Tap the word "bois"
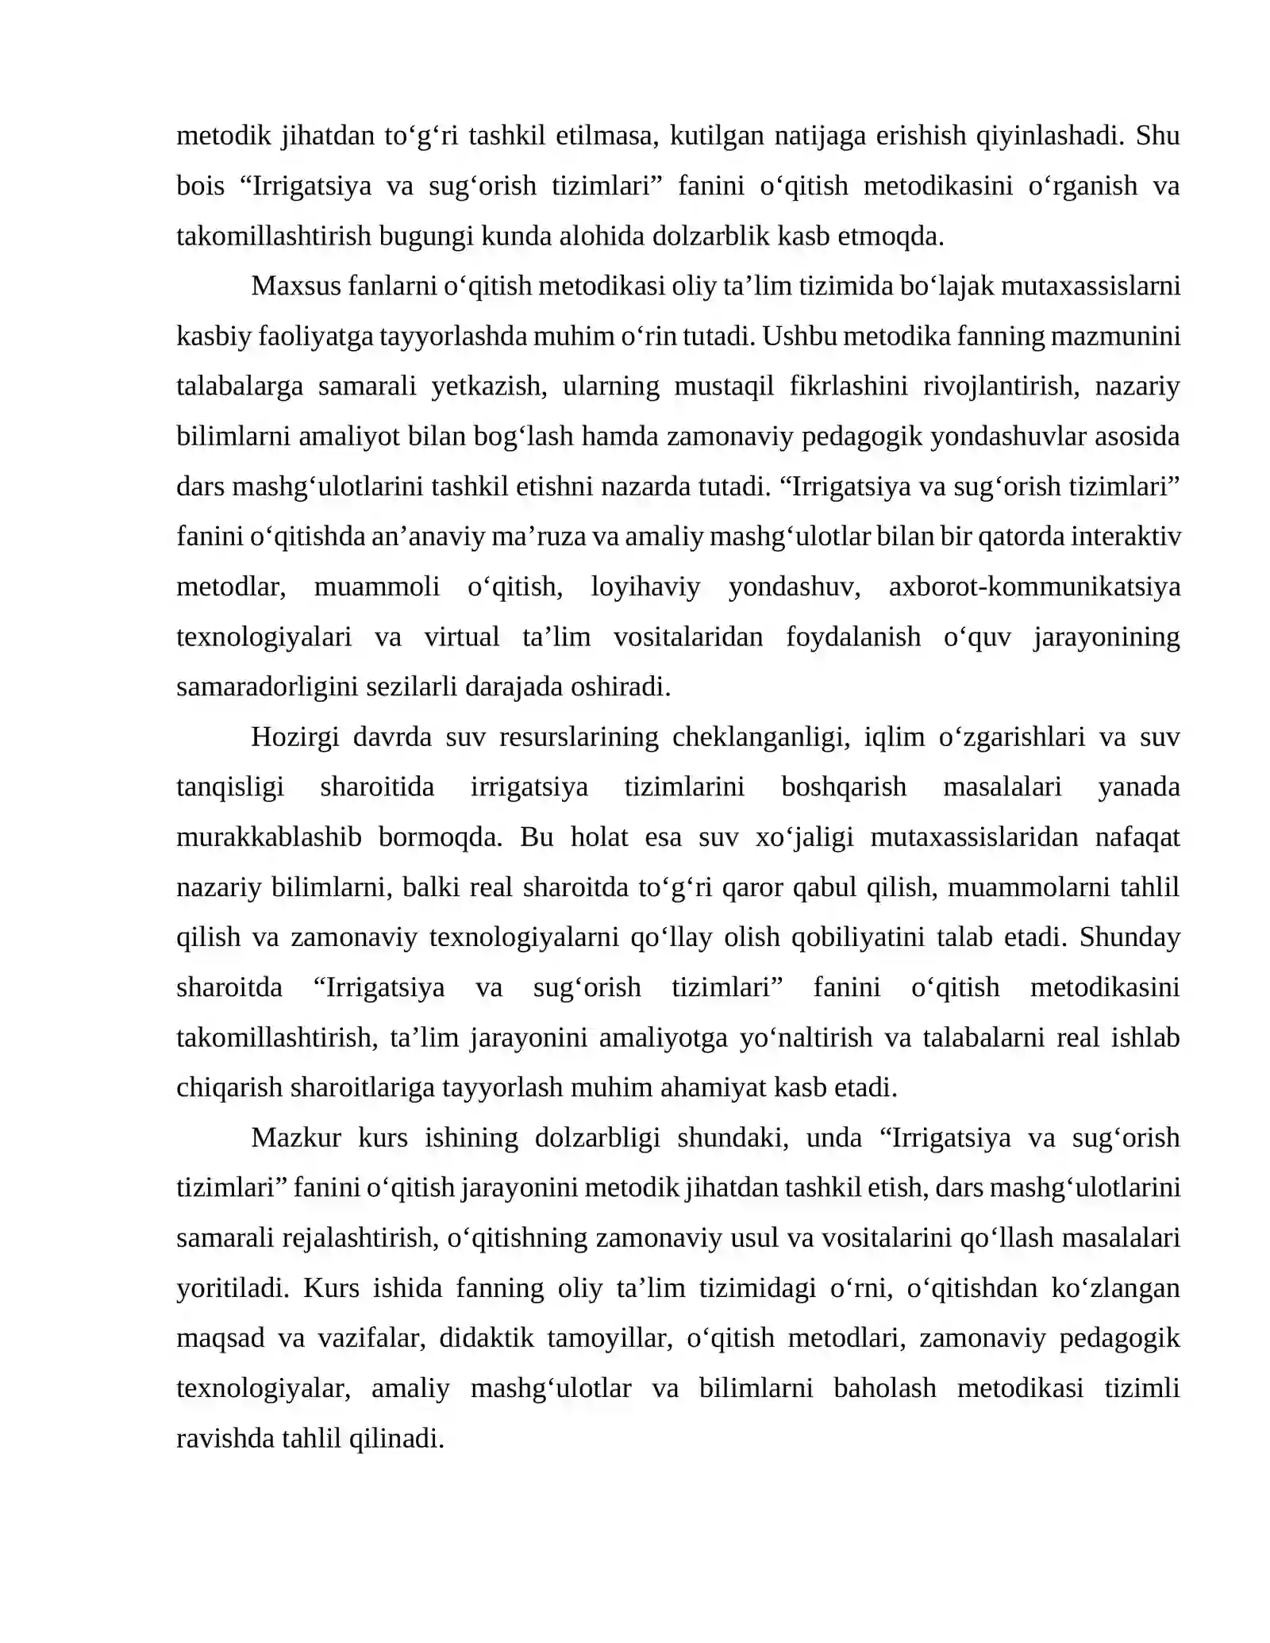tap(200, 186)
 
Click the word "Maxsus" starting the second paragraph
tap(295, 286)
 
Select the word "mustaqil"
tap(723, 387)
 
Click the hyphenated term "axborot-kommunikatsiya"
tap(1034, 587)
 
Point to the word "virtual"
tap(461, 637)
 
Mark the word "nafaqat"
tap(1137, 837)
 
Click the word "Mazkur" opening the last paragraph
tap(295, 1137)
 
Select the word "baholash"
tap(884, 1387)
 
